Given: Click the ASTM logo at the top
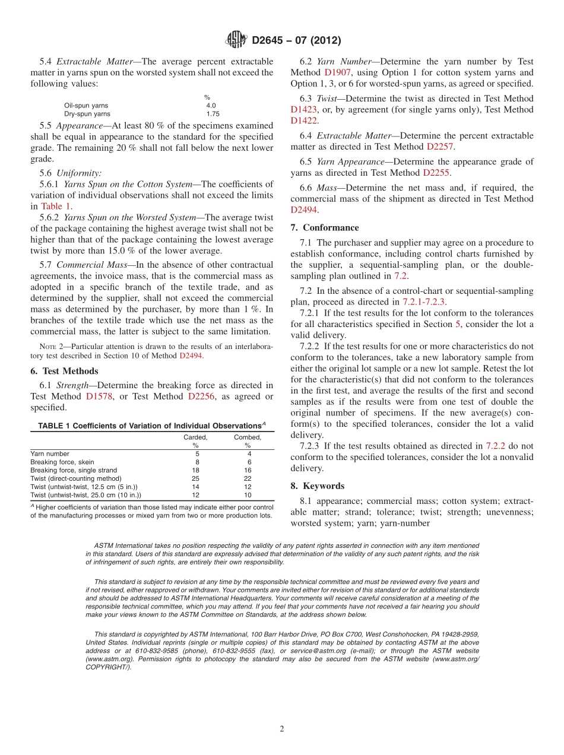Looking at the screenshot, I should click(237, 40).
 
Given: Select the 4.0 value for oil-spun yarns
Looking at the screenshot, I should click(211, 106).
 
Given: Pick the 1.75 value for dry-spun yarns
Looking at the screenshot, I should click(213, 114).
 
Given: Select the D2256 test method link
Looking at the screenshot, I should click(201, 396).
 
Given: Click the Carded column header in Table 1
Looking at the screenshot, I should click(195, 437).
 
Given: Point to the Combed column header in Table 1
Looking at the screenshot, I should click(247, 437).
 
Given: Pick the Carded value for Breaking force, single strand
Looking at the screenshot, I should click(196, 470).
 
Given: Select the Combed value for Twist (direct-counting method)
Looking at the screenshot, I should click(248, 478).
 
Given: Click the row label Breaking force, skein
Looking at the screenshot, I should click(62, 462).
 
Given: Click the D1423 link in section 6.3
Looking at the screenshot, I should click(305, 110).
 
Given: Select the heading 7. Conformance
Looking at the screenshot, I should click(325, 228).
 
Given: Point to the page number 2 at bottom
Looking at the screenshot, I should click(282, 729).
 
